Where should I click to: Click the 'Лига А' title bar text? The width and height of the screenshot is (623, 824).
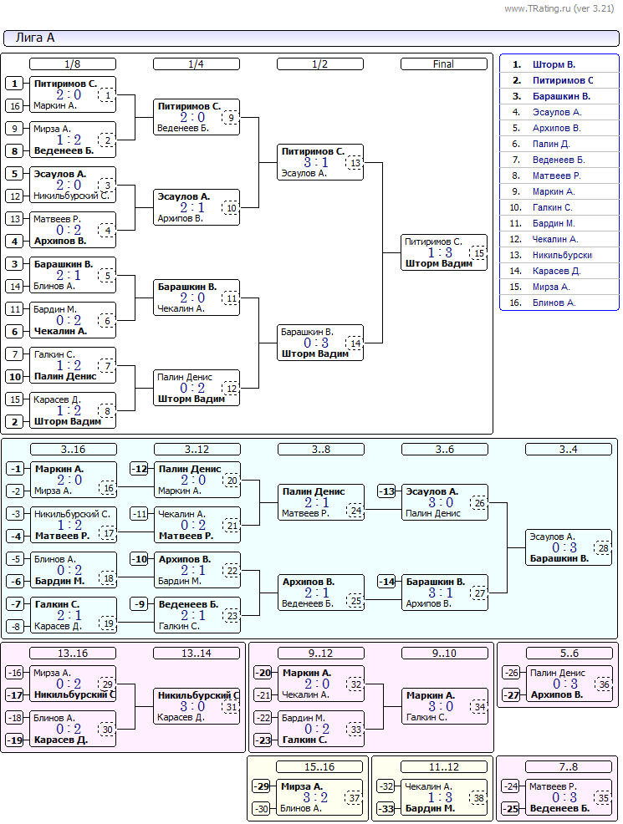coord(34,38)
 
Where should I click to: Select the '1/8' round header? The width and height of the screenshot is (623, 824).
coord(73,64)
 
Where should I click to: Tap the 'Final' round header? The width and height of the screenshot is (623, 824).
coord(444,64)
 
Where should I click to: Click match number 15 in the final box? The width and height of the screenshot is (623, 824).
coord(478,252)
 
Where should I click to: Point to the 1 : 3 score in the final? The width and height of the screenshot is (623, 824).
coord(440,252)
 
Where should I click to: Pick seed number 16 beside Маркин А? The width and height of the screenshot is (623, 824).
coord(15,106)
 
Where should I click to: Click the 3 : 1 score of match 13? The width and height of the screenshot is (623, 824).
coord(316,162)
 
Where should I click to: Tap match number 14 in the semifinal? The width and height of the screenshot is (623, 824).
coord(355,343)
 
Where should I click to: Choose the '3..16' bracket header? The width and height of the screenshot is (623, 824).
coord(73,450)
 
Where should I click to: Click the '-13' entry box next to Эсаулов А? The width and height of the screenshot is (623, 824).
coord(386,491)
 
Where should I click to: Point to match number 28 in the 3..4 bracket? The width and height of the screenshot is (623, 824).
coord(603,548)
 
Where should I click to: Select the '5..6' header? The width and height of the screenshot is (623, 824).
coord(569,654)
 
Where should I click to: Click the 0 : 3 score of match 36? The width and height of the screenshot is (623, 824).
coord(564,684)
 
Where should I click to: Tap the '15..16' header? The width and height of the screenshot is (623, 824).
coord(319,766)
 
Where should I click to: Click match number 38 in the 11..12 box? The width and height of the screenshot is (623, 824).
coord(478,798)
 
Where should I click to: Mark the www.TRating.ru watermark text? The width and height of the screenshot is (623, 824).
coord(559,8)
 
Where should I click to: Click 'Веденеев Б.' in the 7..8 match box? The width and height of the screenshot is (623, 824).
coord(559,809)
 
